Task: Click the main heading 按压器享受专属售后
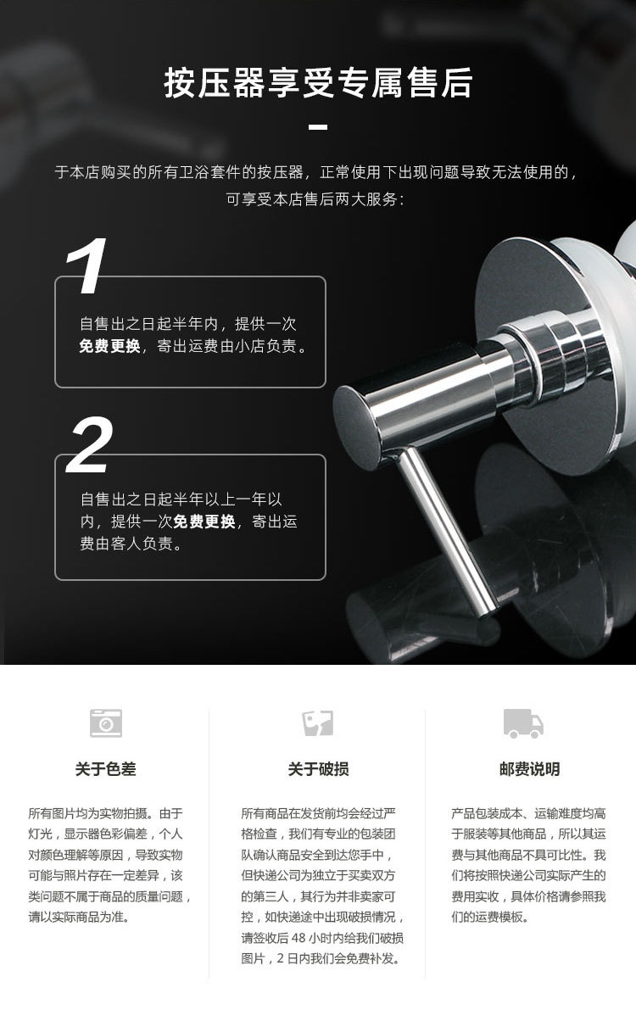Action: coord(318,85)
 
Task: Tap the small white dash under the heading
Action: coord(318,127)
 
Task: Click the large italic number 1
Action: coord(88,266)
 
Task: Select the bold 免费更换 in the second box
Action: coord(204,522)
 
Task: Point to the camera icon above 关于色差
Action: coord(106,723)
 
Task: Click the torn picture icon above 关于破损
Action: coord(318,723)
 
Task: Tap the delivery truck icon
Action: coord(523,723)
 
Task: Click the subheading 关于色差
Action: coord(105,769)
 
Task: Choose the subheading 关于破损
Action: coord(318,769)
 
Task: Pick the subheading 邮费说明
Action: coord(529,769)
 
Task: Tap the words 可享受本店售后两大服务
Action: coord(315,200)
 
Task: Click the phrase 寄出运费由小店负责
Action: coord(231,346)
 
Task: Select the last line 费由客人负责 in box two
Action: coord(131,544)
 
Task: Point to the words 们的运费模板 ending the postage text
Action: coord(497,917)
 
